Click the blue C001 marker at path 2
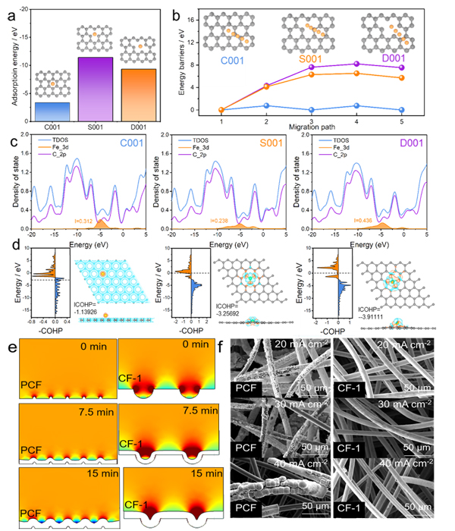[x=265, y=105]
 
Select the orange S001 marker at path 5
[x=433, y=77]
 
